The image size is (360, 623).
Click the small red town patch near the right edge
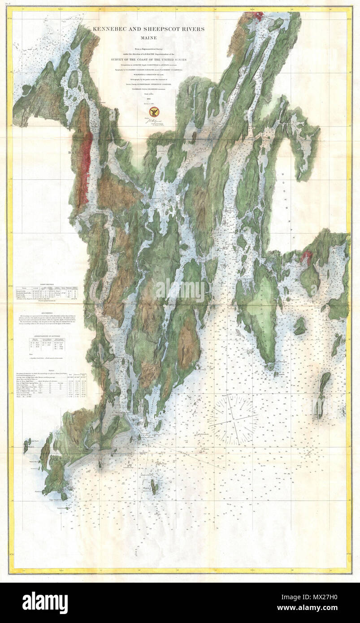tap(307, 257)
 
